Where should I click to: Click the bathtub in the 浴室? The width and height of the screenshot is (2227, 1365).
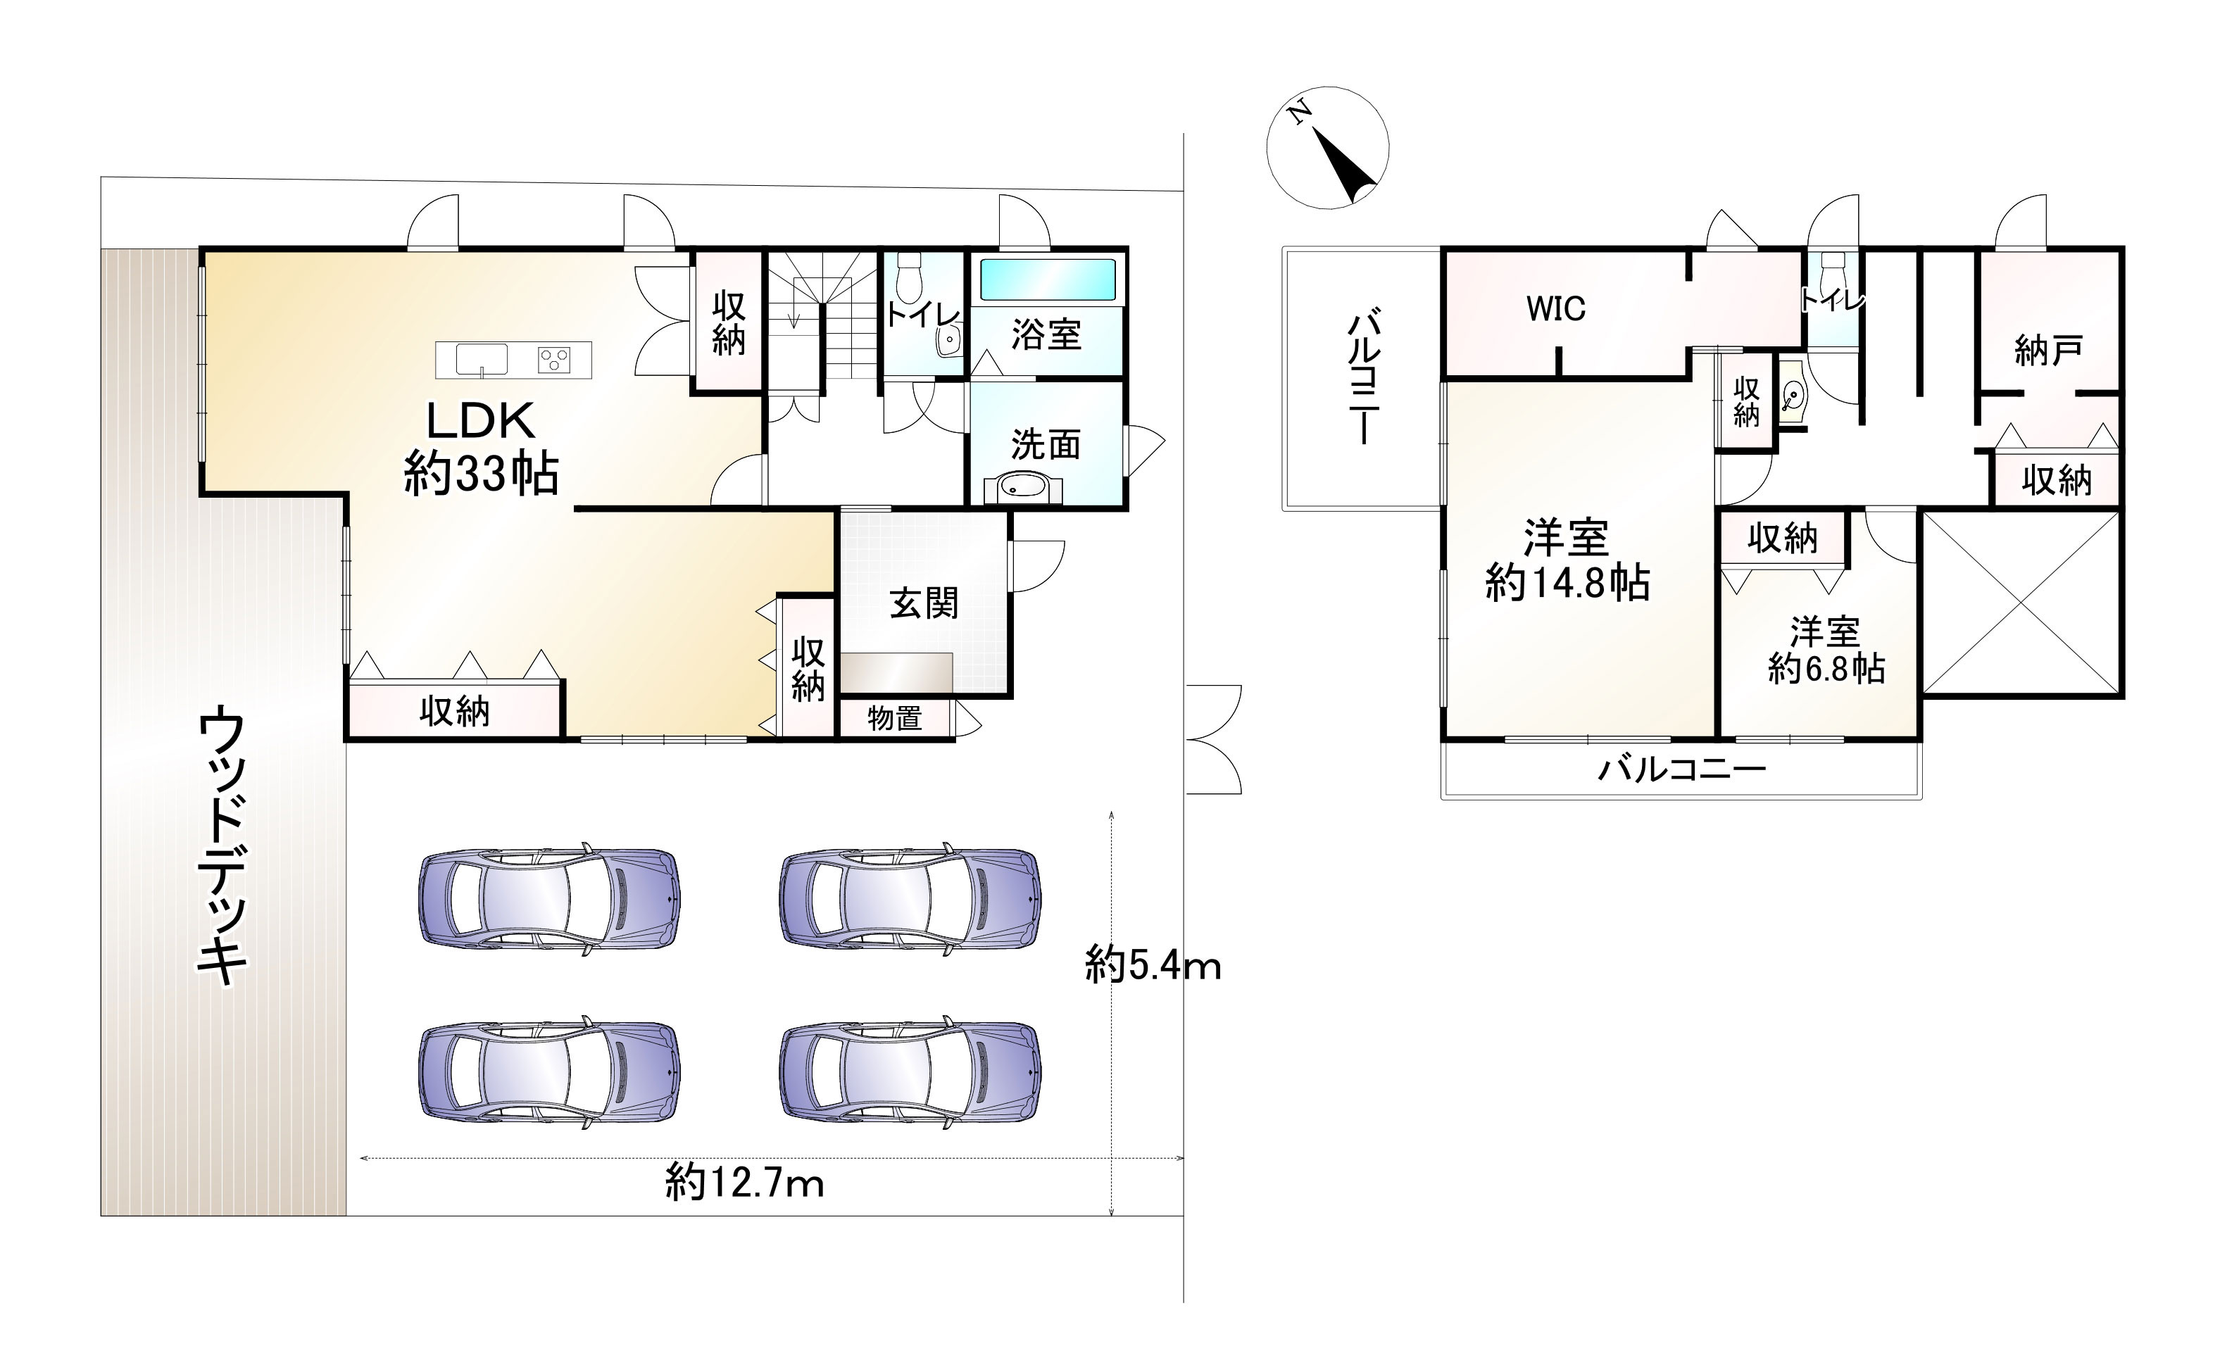coord(1048,279)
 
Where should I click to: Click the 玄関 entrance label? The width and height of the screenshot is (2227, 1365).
coord(923,603)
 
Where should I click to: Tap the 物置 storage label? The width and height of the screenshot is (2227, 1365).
coord(895,719)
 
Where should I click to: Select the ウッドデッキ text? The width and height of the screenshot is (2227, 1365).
coord(222,847)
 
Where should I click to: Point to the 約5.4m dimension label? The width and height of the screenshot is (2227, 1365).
coord(1153,965)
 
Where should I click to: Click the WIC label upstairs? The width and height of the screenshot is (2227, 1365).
coord(1555,309)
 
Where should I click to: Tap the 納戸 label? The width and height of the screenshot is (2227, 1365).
coord(2049,350)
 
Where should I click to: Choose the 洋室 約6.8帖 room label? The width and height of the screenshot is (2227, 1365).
coord(1826,650)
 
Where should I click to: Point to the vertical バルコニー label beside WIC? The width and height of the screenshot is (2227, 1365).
coord(1363,378)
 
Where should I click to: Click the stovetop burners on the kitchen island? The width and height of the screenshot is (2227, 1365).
coord(553,360)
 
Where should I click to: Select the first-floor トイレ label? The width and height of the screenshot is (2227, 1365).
coord(922,315)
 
